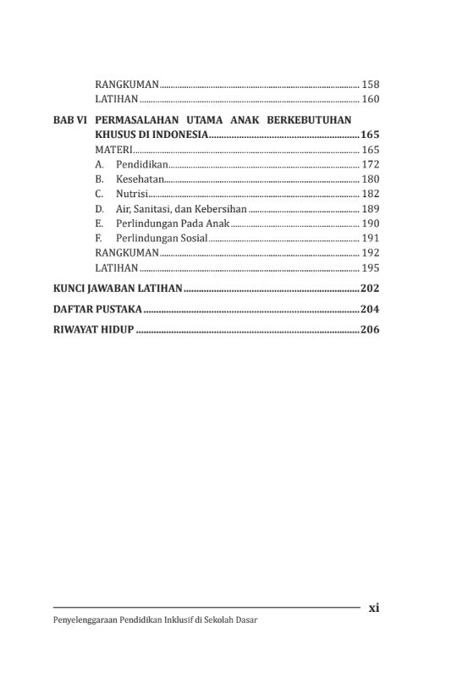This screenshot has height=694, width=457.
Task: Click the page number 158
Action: (x=371, y=85)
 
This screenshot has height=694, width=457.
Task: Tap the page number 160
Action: (x=371, y=100)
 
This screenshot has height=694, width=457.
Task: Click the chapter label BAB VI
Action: (x=69, y=121)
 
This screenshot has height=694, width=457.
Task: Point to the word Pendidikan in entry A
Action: (x=142, y=164)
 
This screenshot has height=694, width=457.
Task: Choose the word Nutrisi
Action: (x=133, y=194)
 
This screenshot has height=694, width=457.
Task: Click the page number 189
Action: (x=371, y=208)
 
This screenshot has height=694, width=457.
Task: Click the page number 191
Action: (x=371, y=238)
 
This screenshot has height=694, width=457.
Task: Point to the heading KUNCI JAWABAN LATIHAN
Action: (x=118, y=288)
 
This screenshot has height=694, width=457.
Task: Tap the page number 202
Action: (x=370, y=288)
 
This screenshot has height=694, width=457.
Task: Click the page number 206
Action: (x=370, y=329)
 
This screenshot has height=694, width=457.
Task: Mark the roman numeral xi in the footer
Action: (x=374, y=608)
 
